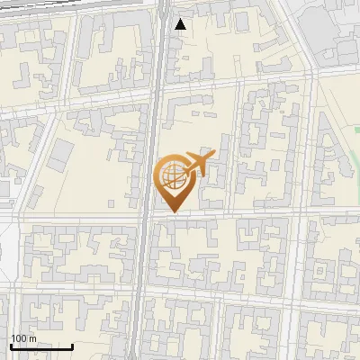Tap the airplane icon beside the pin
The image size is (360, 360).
pyautogui.click(x=197, y=165)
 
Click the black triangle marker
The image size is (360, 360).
pyautogui.click(x=181, y=24)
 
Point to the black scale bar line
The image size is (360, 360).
pyautogui.click(x=41, y=346)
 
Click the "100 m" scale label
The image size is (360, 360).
pyautogui.click(x=23, y=338)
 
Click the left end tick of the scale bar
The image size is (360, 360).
pyautogui.click(x=11, y=345)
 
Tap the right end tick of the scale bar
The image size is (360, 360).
pyautogui.click(x=73, y=345)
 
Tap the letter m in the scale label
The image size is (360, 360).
pyautogui.click(x=32, y=339)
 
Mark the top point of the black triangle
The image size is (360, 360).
pyautogui.click(x=181, y=19)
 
